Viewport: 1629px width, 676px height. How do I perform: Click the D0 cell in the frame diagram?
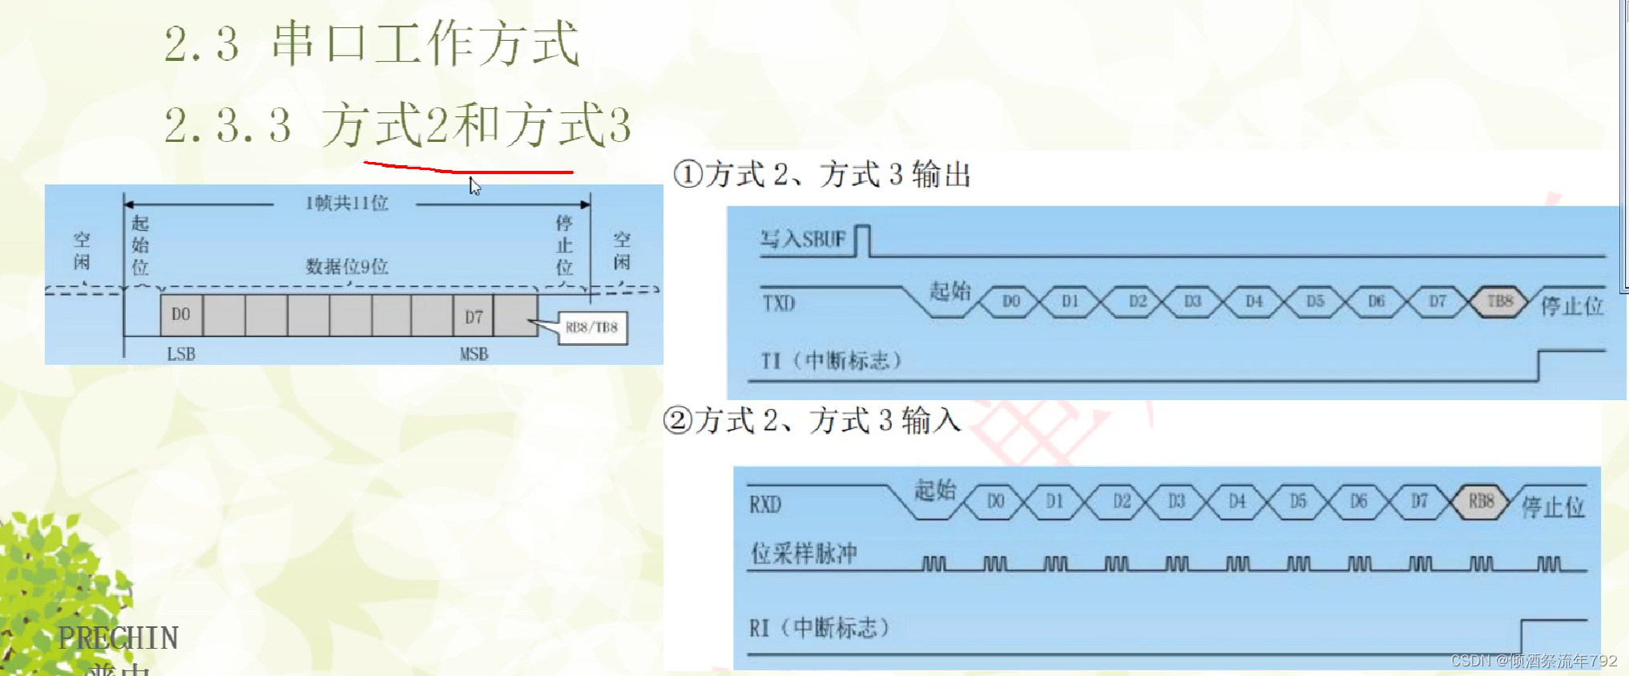click(181, 315)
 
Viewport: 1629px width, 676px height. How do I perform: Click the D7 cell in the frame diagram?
click(474, 316)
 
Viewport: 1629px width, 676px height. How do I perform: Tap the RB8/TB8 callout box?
click(592, 327)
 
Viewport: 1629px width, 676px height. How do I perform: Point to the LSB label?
click(181, 354)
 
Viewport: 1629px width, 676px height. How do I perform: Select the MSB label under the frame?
click(474, 354)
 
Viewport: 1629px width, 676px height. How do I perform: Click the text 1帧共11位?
click(346, 203)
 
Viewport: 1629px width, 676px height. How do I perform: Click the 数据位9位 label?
click(346, 266)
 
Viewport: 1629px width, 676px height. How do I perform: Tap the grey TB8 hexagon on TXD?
click(1499, 302)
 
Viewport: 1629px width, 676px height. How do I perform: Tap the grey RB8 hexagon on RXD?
click(1481, 501)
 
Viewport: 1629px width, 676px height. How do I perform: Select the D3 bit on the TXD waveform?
click(1192, 302)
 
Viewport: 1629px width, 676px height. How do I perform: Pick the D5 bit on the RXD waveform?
click(1298, 501)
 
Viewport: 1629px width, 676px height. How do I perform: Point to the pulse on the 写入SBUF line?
click(862, 240)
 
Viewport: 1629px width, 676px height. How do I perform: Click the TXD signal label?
click(778, 303)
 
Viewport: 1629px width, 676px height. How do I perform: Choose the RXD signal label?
click(765, 504)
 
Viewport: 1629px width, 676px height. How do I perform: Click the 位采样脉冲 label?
click(804, 553)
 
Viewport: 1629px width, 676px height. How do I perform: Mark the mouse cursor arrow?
click(474, 186)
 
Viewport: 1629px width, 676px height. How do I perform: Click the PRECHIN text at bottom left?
click(118, 638)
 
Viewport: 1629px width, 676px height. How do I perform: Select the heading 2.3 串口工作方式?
click(371, 43)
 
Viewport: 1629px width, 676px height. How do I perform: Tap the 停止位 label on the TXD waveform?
click(1572, 306)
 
